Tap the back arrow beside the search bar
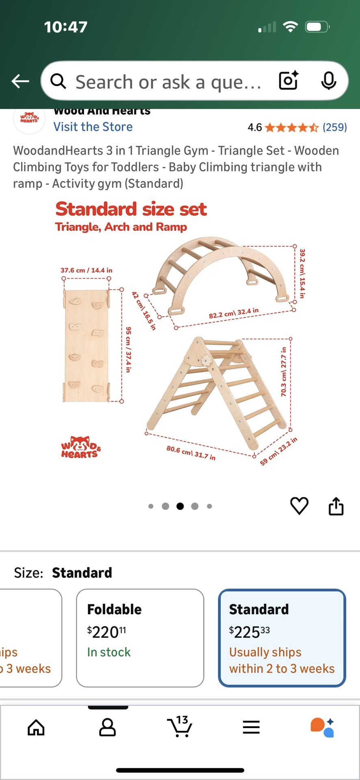(20, 81)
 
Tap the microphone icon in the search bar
(328, 81)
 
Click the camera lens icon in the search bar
(288, 80)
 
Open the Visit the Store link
(93, 127)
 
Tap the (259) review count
(335, 127)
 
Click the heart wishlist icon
(299, 506)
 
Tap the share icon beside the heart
(336, 506)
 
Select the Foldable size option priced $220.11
(140, 638)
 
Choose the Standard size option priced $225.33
(282, 638)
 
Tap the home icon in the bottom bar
(36, 727)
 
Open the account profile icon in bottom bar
(108, 727)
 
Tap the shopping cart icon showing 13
(180, 726)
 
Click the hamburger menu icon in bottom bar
(251, 727)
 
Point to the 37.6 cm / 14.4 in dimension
(87, 270)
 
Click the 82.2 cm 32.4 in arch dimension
(234, 313)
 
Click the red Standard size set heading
(131, 209)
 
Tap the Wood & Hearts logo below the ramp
(81, 448)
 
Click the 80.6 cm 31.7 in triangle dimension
(191, 453)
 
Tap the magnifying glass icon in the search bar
(59, 81)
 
